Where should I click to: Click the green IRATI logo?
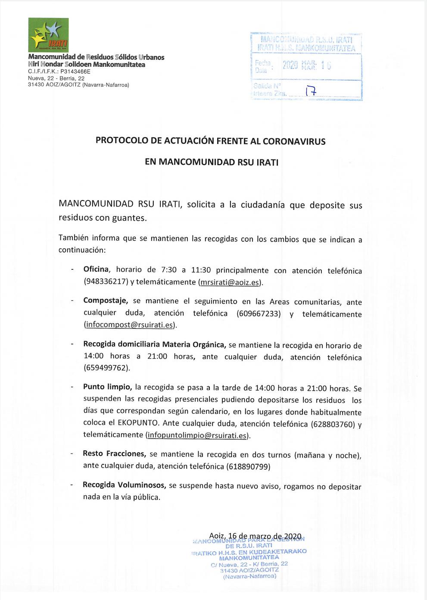48,35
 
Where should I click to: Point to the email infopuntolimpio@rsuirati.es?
197,435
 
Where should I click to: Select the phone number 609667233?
259,313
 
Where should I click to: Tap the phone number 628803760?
333,424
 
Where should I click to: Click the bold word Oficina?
96,269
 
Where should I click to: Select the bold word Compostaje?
105,300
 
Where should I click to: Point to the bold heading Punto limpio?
107,387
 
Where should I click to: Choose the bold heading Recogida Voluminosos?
124,485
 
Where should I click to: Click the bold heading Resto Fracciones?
114,454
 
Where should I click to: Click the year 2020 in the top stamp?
290,66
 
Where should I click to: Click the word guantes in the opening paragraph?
128,218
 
